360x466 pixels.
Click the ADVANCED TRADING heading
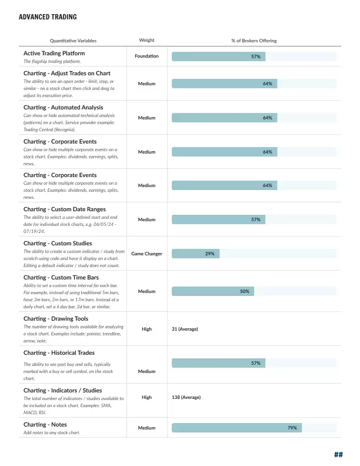click(48, 17)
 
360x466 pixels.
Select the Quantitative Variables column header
click(73, 41)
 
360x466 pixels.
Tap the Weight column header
click(146, 41)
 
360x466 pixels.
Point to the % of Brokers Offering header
click(254, 41)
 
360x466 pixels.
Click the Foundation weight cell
click(146, 56)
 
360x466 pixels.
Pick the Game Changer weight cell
click(146, 254)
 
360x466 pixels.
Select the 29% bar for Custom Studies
click(196, 254)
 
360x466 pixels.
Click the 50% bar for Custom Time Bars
click(212, 291)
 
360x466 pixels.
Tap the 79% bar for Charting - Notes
click(236, 428)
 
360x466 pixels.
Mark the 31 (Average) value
click(185, 329)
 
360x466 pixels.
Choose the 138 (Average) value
click(186, 397)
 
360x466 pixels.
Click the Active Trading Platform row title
click(54, 54)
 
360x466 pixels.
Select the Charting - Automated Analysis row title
click(63, 108)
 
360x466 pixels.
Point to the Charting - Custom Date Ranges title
click(64, 209)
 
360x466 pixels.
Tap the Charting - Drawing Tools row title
click(55, 319)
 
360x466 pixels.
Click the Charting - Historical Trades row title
click(59, 353)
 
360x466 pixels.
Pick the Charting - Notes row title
click(45, 424)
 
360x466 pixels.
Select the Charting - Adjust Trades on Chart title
click(66, 74)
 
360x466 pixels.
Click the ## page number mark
click(338, 455)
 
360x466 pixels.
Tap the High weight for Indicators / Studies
click(146, 397)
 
